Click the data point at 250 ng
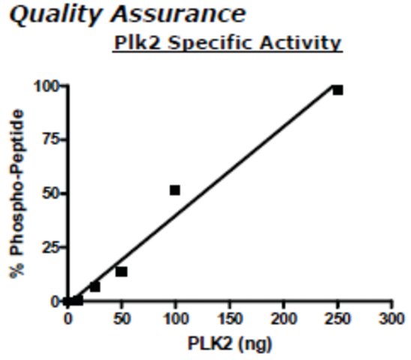pyautogui.click(x=337, y=90)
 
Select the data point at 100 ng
pyautogui.click(x=175, y=190)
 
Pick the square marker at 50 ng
pyautogui.click(x=121, y=272)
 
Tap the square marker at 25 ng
pyautogui.click(x=95, y=287)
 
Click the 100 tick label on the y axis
pyautogui.click(x=46, y=86)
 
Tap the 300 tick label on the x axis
pyautogui.click(x=391, y=319)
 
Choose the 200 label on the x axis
pyautogui.click(x=283, y=319)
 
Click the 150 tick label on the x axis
pyautogui.click(x=230, y=319)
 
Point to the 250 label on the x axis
pyautogui.click(x=337, y=319)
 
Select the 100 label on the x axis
pyautogui.click(x=175, y=319)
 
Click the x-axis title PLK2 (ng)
pyautogui.click(x=230, y=343)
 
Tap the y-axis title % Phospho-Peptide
pyautogui.click(x=16, y=194)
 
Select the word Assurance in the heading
pyautogui.click(x=178, y=14)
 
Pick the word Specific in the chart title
pyautogui.click(x=210, y=43)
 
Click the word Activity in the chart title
pyautogui.click(x=301, y=43)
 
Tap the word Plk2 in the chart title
pyautogui.click(x=137, y=43)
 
